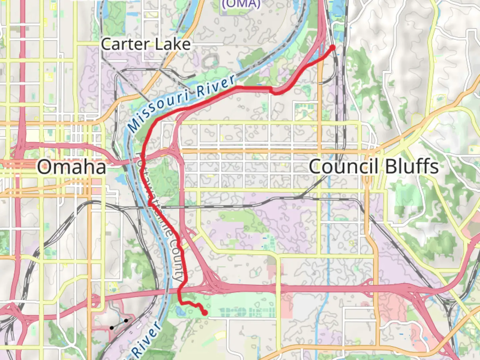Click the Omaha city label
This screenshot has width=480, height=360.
pos(72,167)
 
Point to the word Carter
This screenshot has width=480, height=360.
pos(125,44)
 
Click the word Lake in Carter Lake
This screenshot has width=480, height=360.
pos(173,44)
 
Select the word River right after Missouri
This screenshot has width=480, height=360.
pos(216,86)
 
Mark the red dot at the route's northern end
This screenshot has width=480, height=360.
pos(332,48)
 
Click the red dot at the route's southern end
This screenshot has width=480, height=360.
pos(204,313)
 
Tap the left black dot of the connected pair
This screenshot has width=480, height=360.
pos(112,328)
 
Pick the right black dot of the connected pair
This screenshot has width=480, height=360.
pos(126,320)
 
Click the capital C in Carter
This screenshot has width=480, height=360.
pos(107,44)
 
